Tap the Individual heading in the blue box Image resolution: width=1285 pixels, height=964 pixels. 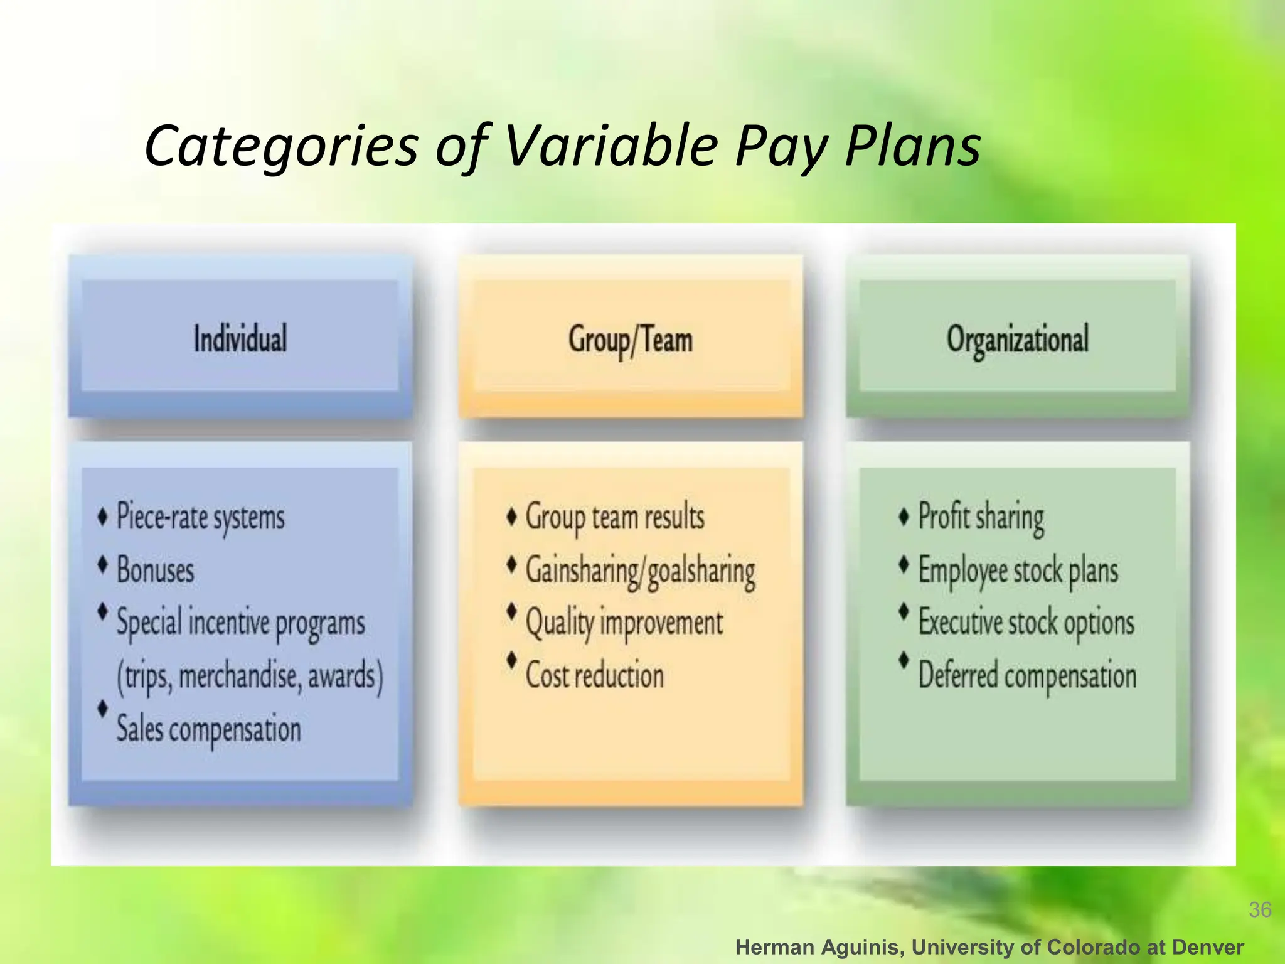[240, 339]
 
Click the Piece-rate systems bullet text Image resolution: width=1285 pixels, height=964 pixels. [201, 518]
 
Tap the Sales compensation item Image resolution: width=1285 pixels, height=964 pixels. [208, 730]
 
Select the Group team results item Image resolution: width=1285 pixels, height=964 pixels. [615, 518]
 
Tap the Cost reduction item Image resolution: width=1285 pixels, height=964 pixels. [594, 676]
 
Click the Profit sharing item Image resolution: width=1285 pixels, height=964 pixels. [981, 518]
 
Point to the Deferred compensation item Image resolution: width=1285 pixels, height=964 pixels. [1027, 676]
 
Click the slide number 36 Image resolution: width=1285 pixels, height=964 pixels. [1260, 909]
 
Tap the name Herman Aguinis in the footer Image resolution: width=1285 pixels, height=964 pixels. [819, 947]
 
